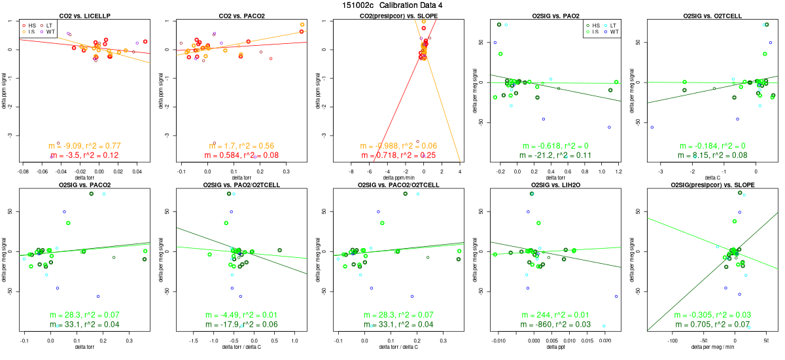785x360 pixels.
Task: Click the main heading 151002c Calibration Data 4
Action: pos(392,5)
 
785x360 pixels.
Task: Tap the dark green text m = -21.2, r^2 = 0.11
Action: pos(555,156)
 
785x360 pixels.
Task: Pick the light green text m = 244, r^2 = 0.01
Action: pos(555,315)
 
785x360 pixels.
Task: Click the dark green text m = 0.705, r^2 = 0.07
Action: pos(712,325)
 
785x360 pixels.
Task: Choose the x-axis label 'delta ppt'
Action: pos(555,347)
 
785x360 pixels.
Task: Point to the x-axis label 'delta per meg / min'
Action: pos(712,347)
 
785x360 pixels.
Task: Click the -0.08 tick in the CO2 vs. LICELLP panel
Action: pos(22,170)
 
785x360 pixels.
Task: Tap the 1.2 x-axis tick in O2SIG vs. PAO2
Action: pos(617,170)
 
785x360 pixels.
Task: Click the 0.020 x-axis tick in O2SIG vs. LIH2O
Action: pos(605,340)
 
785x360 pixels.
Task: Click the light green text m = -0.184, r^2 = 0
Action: pos(712,146)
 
